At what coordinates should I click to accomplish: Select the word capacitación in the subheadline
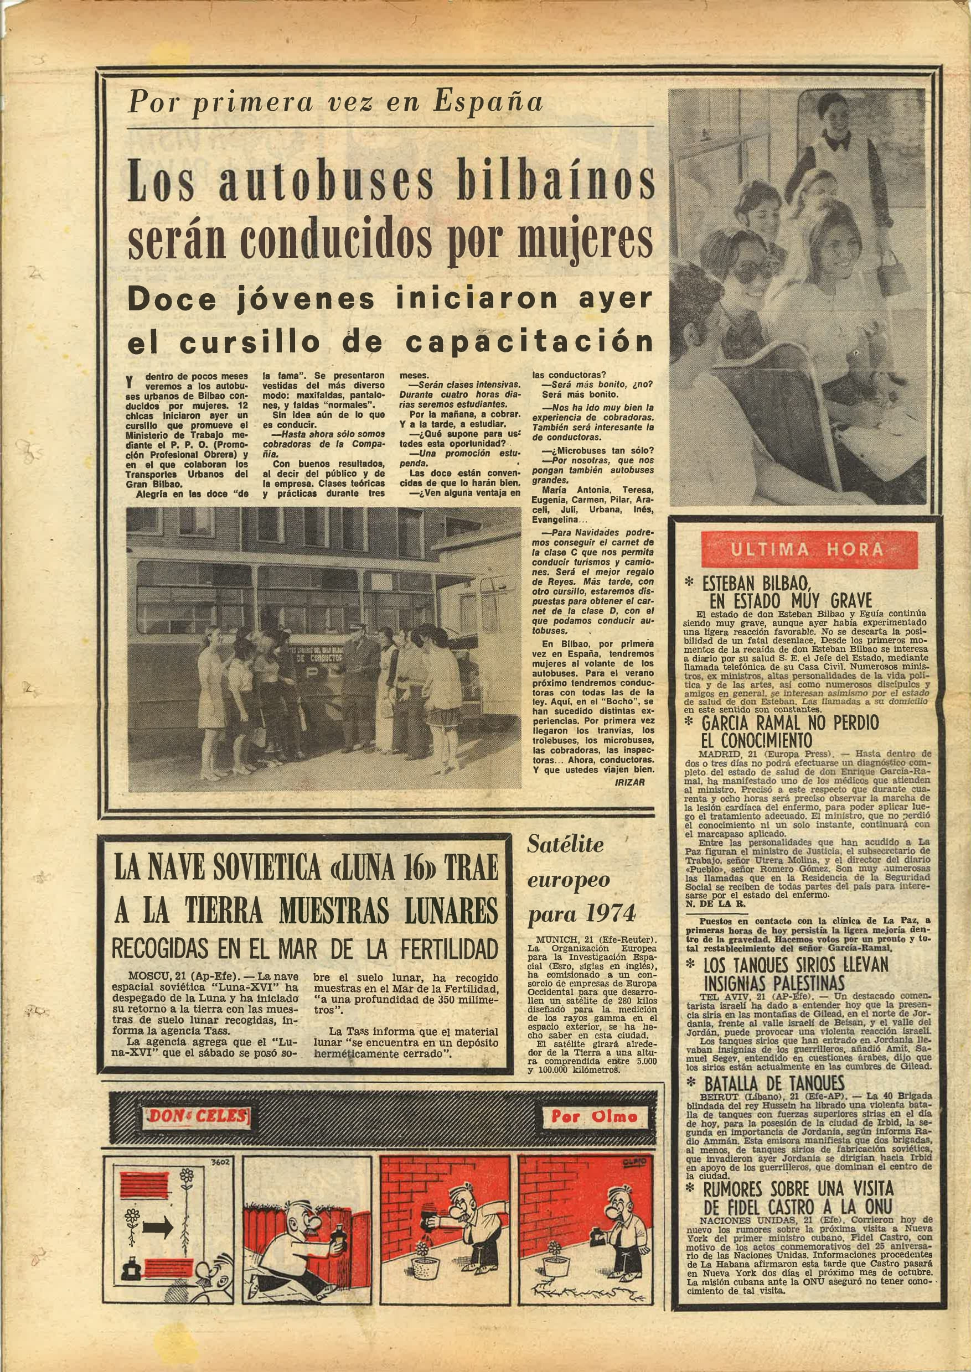(529, 342)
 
